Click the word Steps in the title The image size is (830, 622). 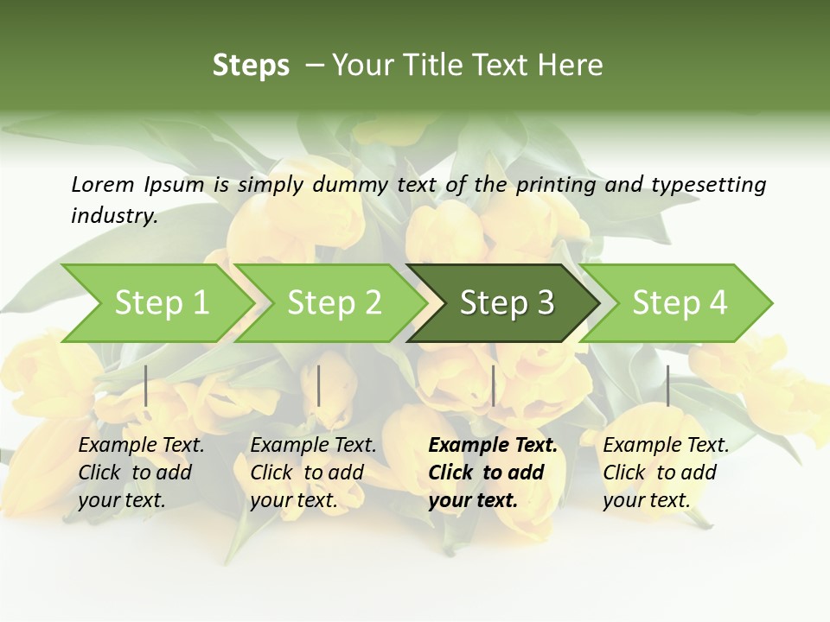point(251,66)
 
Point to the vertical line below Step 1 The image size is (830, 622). point(146,385)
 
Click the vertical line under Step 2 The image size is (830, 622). point(319,385)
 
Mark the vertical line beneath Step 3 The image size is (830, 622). point(493,385)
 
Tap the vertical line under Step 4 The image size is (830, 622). point(667,385)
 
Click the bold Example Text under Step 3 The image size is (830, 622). point(493,473)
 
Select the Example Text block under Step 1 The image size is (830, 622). point(141,473)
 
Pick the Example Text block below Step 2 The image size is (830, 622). point(313,473)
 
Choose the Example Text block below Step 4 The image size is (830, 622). point(666,473)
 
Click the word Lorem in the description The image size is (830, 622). point(102,185)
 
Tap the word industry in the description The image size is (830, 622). point(114,216)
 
